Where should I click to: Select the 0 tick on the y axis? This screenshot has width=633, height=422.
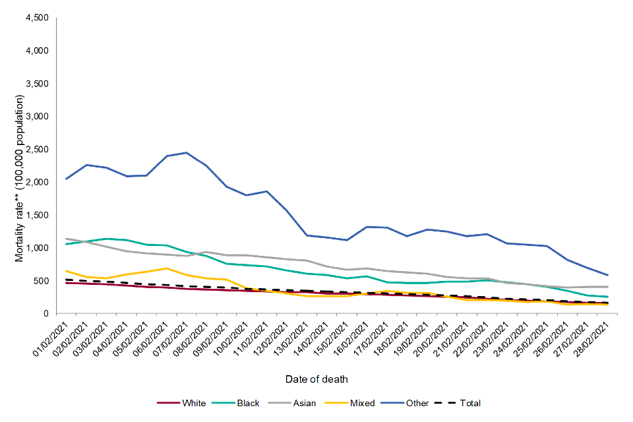pyautogui.click(x=46, y=314)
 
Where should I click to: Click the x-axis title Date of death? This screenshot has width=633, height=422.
pyautogui.click(x=316, y=379)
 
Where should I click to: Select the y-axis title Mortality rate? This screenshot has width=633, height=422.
pyautogui.click(x=20, y=178)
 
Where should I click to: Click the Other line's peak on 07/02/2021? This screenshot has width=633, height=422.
pyautogui.click(x=187, y=153)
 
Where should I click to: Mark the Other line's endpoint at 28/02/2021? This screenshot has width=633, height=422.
pyautogui.click(x=607, y=275)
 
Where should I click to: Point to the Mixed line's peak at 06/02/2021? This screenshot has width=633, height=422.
pyautogui.click(x=167, y=268)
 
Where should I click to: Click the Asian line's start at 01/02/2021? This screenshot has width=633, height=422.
pyautogui.click(x=67, y=239)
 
